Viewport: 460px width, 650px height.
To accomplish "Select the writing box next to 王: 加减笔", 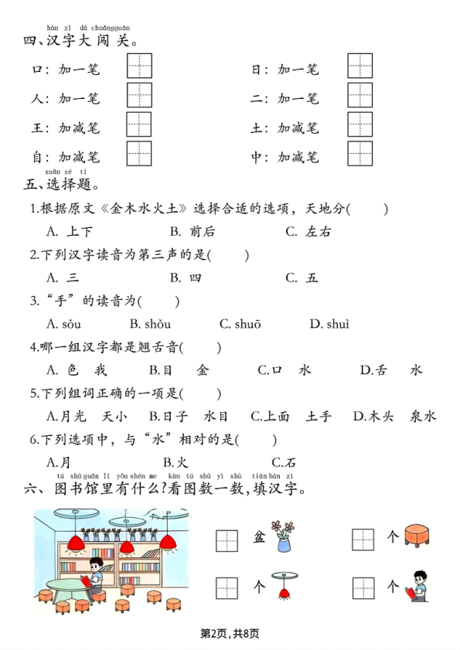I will pos(139,124).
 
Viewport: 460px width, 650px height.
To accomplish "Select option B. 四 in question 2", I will pos(186,277).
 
